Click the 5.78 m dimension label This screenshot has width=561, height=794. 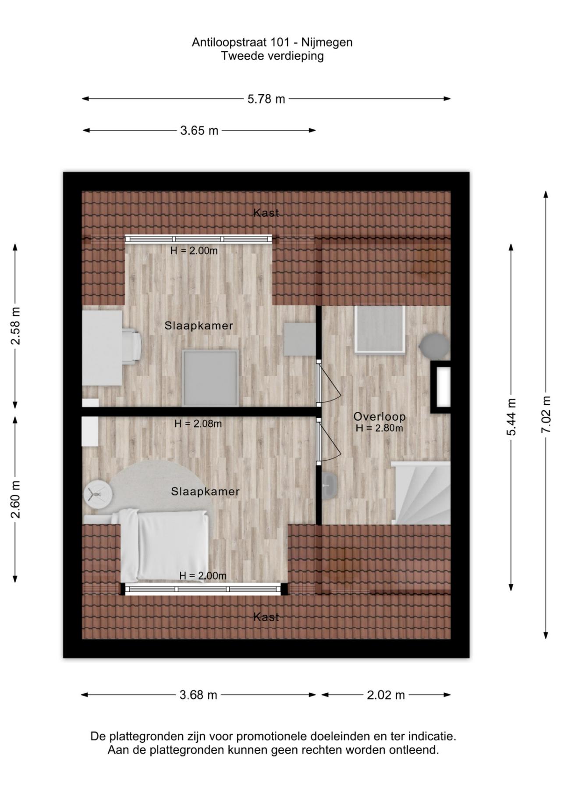pyautogui.click(x=266, y=99)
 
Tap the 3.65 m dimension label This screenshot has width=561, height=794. pyautogui.click(x=199, y=131)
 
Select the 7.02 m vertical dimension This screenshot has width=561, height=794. pyautogui.click(x=546, y=414)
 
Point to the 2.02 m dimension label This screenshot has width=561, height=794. pyautogui.click(x=386, y=695)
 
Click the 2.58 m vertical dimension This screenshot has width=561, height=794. pyautogui.click(x=15, y=325)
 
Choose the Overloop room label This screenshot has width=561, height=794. pyautogui.click(x=380, y=416)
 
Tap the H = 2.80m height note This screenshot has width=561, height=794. pyautogui.click(x=380, y=428)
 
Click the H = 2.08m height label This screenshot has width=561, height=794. pyautogui.click(x=198, y=424)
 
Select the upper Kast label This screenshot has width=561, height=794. pyautogui.click(x=266, y=213)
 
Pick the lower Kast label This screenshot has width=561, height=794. pyautogui.click(x=266, y=617)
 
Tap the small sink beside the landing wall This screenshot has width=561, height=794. pyautogui.click(x=329, y=486)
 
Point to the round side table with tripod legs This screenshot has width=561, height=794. pyautogui.click(x=98, y=494)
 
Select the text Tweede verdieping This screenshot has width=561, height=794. pyautogui.click(x=272, y=56)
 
